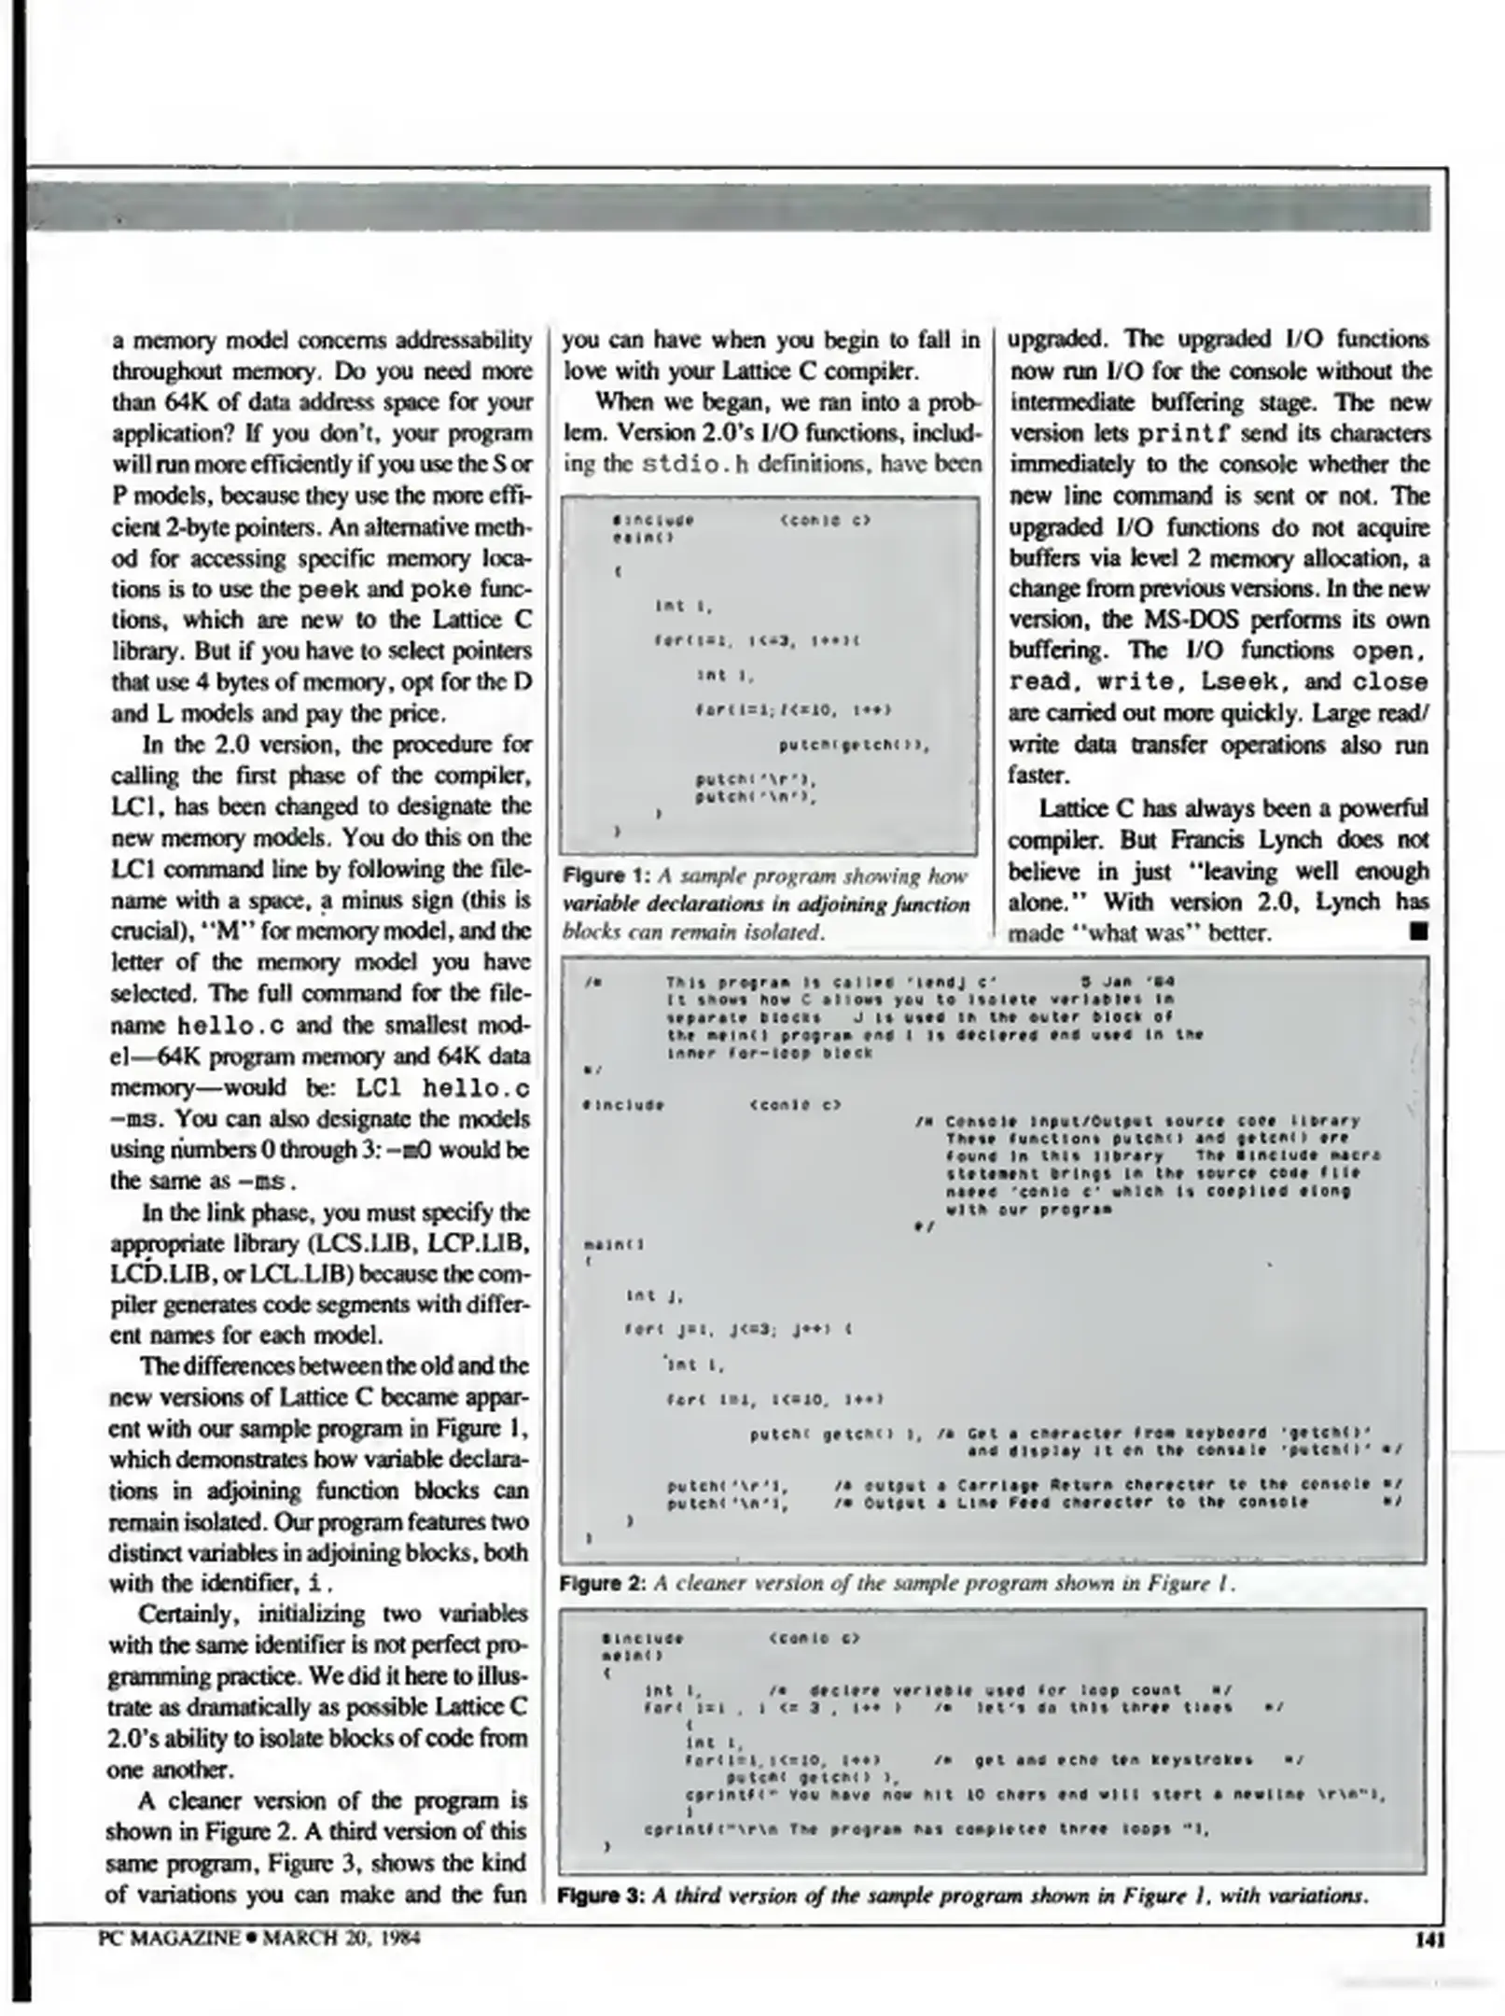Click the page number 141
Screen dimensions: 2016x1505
click(x=1429, y=1940)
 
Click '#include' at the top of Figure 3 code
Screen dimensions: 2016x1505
click(x=643, y=1638)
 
